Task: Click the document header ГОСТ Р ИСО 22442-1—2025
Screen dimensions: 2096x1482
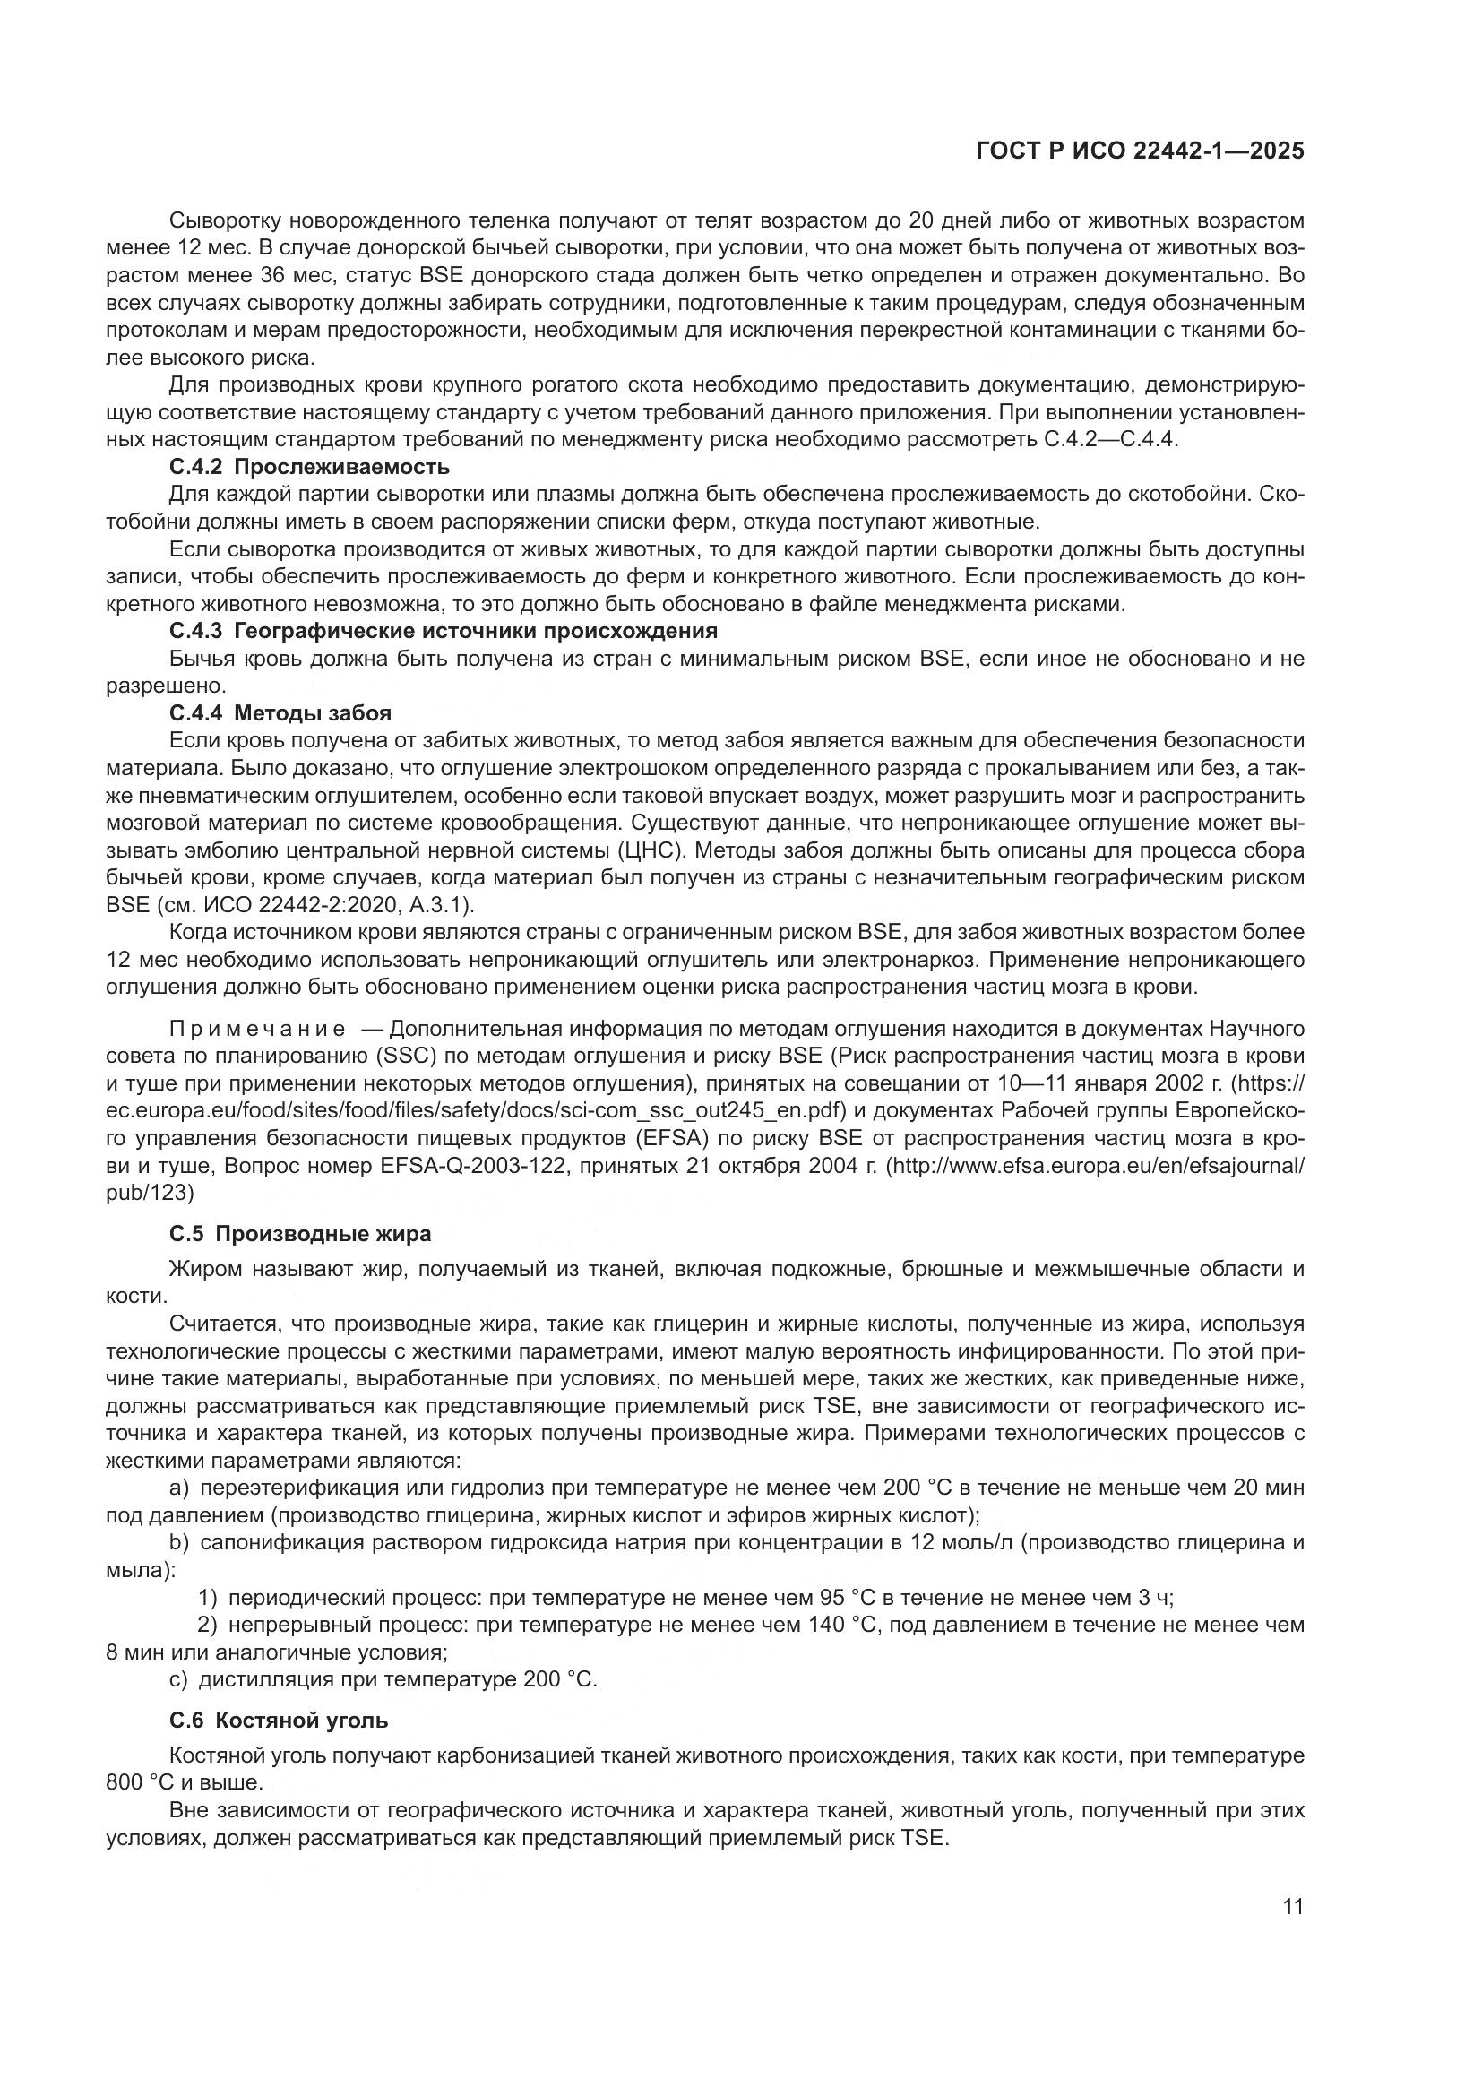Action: pyautogui.click(x=1140, y=151)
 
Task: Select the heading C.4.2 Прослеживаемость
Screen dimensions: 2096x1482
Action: pyautogui.click(x=309, y=468)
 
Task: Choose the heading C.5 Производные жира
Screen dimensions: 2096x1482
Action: pyautogui.click(x=300, y=1234)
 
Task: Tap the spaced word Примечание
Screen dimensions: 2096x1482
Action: pyautogui.click(x=257, y=1029)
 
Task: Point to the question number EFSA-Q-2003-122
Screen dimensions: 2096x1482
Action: pyautogui.click(x=457, y=1166)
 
